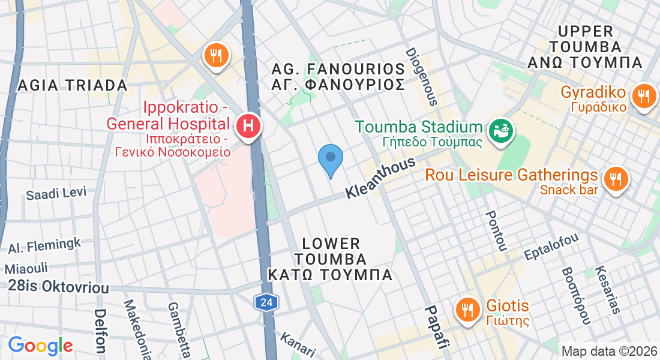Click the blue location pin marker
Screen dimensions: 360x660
click(x=330, y=158)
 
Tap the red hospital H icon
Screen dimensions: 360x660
click(x=247, y=127)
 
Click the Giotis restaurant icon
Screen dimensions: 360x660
click(x=467, y=310)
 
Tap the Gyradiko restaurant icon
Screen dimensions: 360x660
click(x=644, y=95)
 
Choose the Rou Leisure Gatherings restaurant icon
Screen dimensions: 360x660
click(x=614, y=178)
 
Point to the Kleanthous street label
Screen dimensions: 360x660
click(x=381, y=178)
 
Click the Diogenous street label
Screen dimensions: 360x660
click(x=421, y=77)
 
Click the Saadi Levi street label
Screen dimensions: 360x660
click(x=56, y=193)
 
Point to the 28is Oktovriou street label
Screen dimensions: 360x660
click(x=59, y=287)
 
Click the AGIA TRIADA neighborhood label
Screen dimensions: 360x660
click(x=73, y=85)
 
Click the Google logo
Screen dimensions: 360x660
click(x=40, y=346)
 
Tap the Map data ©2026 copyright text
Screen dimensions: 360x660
click(x=608, y=351)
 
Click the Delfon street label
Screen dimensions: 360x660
click(x=100, y=330)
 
